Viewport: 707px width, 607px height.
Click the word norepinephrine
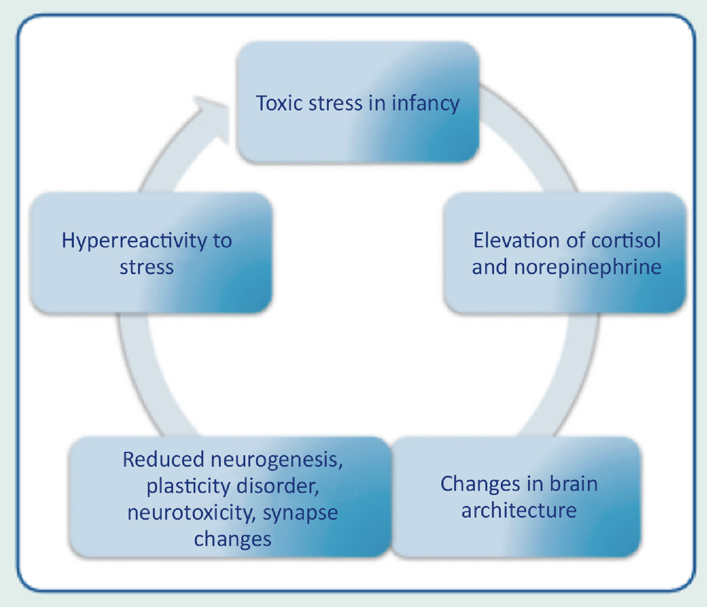tap(588, 267)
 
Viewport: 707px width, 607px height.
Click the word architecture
tap(519, 510)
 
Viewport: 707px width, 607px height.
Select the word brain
tap(574, 484)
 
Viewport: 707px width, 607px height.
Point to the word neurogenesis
tap(276, 460)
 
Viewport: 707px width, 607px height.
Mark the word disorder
tap(278, 486)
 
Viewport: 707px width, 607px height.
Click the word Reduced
tap(163, 459)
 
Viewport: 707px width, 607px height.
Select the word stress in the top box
tap(335, 103)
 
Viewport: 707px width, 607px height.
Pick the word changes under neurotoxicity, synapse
tap(233, 539)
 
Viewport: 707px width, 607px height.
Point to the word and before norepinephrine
tap(489, 267)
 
